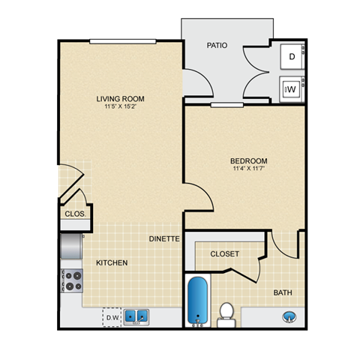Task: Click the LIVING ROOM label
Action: click(120, 98)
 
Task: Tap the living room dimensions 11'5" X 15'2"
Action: click(120, 107)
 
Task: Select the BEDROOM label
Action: click(248, 160)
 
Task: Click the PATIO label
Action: click(217, 45)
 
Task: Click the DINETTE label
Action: click(163, 239)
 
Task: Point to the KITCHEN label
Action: click(111, 262)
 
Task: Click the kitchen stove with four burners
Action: click(71, 280)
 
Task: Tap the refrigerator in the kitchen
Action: click(71, 245)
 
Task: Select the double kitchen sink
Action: click(136, 316)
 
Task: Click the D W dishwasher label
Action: click(112, 318)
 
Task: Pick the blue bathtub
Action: click(197, 301)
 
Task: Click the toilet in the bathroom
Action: click(226, 314)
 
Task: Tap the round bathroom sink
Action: click(289, 317)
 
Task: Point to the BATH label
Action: click(283, 292)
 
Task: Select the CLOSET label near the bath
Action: click(224, 254)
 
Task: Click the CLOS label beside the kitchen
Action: click(74, 214)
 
